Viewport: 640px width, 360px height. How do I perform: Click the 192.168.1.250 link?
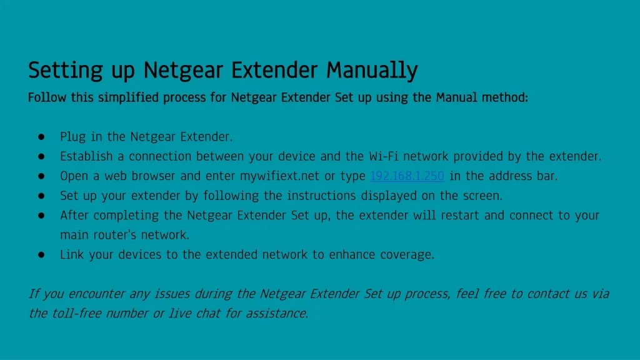pos(407,176)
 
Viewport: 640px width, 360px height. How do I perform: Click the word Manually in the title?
pos(372,70)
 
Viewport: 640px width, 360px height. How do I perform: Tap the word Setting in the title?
pos(65,70)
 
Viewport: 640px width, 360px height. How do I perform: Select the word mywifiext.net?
pos(279,176)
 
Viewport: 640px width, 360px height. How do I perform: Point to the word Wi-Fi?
pos(384,156)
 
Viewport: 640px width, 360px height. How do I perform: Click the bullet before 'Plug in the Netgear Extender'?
pos(41,137)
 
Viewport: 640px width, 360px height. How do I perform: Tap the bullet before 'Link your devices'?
pos(41,255)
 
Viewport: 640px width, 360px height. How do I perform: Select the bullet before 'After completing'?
pos(41,216)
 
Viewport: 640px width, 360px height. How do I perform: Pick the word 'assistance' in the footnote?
pos(277,313)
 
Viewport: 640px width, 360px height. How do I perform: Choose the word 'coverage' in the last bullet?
pos(407,255)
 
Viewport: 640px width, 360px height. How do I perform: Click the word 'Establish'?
pos(86,156)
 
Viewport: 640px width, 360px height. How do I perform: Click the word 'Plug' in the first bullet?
pos(72,137)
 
